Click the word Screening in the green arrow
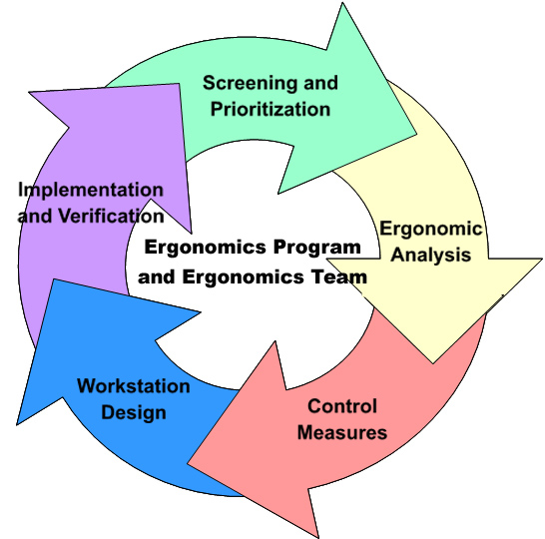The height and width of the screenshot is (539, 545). [250, 84]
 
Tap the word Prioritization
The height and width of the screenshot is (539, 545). [271, 109]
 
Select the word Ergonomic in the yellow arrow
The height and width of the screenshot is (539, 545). [431, 230]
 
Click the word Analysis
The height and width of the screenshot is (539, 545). [431, 255]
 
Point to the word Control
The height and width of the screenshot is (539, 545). [342, 406]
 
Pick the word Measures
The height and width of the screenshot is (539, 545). [342, 432]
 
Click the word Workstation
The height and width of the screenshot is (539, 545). [134, 386]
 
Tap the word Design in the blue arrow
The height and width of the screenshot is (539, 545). [134, 413]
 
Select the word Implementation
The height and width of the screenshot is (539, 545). [91, 191]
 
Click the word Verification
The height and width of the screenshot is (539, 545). [111, 217]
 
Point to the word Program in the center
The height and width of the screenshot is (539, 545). [317, 248]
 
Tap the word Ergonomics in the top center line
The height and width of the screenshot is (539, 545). [206, 248]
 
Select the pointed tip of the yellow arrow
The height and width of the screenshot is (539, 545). [433, 363]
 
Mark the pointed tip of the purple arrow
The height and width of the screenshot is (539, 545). [29, 92]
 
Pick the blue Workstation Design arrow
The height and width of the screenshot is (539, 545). [115, 389]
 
